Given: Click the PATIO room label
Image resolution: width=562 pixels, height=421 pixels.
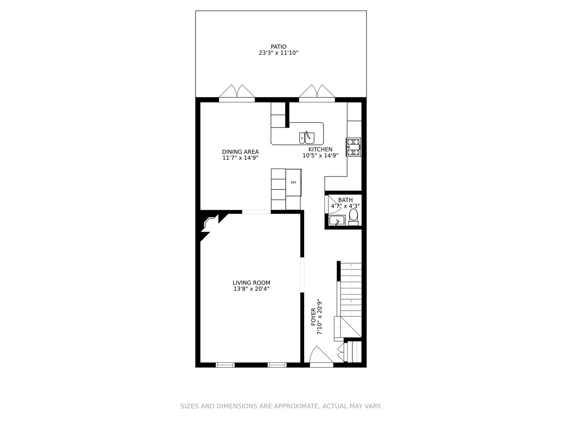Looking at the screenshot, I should click(x=278, y=47).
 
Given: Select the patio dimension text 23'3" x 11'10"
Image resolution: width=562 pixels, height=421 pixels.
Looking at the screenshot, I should click(x=278, y=53).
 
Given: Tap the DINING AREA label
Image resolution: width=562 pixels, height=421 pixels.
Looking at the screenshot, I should click(x=240, y=152).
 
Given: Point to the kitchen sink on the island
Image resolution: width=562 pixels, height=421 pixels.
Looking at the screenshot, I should click(x=307, y=138).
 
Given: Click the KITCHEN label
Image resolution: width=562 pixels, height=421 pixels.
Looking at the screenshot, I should click(x=320, y=149).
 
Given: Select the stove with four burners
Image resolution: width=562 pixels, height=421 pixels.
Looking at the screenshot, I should click(x=354, y=147).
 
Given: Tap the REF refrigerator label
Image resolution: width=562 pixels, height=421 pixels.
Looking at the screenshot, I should click(x=293, y=182).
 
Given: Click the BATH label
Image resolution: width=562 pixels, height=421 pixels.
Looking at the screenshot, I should click(x=345, y=200).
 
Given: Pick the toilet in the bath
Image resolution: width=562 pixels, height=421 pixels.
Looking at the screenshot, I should click(x=353, y=216).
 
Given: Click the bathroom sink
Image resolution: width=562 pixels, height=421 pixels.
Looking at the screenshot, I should click(x=336, y=221).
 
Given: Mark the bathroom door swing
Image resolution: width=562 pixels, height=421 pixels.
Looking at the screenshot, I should click(x=333, y=205).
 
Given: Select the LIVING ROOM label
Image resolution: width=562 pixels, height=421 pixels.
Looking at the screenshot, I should click(x=251, y=283).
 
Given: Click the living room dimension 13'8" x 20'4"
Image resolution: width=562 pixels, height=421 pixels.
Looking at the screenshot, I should click(x=251, y=289).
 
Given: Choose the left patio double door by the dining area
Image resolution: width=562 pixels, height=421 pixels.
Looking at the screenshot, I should click(x=237, y=93).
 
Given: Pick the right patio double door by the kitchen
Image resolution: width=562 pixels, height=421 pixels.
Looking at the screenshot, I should click(x=317, y=93).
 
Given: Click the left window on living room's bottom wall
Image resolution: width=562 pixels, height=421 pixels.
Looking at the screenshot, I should click(x=225, y=365).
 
